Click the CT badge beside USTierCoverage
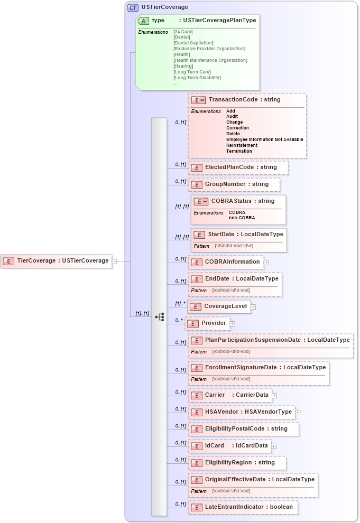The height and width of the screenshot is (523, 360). (133, 7)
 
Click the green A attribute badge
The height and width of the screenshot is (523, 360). (143, 21)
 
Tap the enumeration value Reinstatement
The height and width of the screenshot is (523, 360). (242, 145)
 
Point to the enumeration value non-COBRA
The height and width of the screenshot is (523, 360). (242, 218)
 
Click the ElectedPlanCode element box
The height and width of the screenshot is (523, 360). (238, 167)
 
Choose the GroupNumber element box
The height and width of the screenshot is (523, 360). (234, 184)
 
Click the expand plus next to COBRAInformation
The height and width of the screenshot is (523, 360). (266, 262)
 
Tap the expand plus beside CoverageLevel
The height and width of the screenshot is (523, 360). (253, 306)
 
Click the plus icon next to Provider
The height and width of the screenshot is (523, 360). (233, 323)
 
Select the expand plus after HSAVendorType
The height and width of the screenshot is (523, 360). (298, 412)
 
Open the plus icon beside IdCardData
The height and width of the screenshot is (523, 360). (274, 446)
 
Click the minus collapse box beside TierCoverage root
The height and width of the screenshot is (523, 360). (114, 260)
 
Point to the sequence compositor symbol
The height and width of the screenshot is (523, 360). (159, 316)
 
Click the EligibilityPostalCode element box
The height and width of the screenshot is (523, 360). (244, 429)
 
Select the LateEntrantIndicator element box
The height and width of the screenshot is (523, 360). (243, 507)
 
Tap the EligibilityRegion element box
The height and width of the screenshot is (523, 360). (237, 463)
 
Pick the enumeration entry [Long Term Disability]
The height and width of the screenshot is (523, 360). (197, 78)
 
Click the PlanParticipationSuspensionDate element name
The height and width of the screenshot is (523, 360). (253, 340)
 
